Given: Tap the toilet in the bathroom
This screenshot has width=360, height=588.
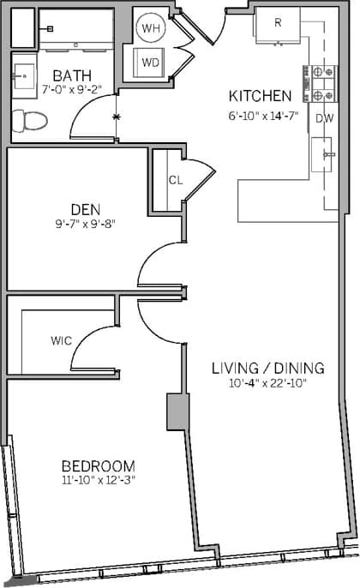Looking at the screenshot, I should coord(27,121).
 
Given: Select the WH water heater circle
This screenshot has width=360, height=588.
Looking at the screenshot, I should coord(152,28).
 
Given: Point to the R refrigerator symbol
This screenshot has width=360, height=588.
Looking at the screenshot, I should coord(279,24).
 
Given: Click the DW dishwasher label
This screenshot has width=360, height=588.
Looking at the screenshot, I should coord(324,119).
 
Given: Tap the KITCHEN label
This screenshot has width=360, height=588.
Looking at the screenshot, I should coord(261,95).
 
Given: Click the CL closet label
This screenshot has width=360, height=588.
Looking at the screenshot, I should coord(175,180).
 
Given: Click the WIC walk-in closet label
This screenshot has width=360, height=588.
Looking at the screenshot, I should coord(60,341).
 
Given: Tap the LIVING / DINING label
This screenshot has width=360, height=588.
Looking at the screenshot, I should coord(268,369).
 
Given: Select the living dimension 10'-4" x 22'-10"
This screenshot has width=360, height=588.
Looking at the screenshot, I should coord(268,383).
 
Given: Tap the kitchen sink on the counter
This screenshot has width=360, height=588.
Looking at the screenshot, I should coord(327,154).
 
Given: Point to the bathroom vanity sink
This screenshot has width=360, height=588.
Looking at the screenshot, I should coord(23,75).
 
